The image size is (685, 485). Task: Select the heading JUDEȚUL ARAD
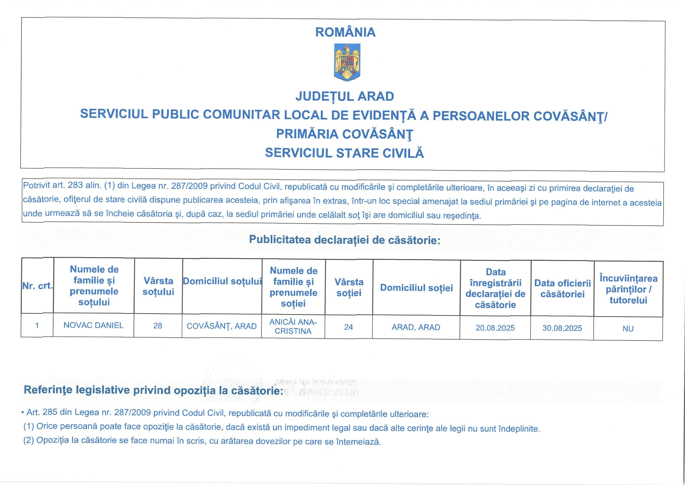click(345, 96)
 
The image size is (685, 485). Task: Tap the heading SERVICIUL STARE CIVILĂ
click(344, 153)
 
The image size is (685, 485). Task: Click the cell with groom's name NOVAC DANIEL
click(93, 325)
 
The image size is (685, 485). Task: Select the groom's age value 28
click(158, 326)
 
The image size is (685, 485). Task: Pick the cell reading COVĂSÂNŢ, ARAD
click(221, 326)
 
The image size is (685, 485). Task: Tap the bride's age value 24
click(348, 327)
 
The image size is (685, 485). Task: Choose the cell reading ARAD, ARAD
click(416, 327)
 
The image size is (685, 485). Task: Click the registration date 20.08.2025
click(495, 328)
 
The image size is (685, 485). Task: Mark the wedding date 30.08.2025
click(562, 328)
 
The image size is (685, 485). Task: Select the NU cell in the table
click(628, 329)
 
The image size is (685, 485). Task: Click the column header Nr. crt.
click(37, 286)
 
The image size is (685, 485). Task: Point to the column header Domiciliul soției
click(416, 288)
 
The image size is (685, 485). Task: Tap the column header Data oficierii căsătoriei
click(562, 288)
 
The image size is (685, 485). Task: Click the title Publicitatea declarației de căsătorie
click(345, 240)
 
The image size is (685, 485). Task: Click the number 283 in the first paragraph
click(75, 185)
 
